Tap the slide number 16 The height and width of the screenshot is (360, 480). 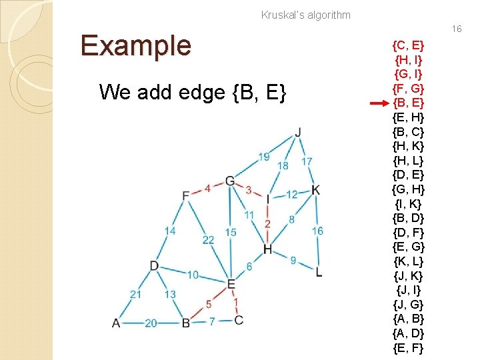[x=457, y=29]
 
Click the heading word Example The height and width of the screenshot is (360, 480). [x=136, y=46]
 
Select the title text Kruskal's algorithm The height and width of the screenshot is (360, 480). [x=305, y=15]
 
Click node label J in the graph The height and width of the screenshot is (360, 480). [x=297, y=131]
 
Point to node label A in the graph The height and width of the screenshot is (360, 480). [x=116, y=323]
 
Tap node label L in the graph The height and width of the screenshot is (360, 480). [x=319, y=272]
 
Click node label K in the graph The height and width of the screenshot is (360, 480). [x=315, y=190]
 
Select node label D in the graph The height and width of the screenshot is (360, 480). [x=154, y=266]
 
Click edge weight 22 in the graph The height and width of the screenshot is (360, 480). [x=208, y=240]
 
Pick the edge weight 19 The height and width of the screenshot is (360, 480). [x=264, y=157]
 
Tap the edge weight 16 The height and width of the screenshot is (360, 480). [x=317, y=231]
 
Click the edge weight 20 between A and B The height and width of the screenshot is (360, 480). [x=151, y=323]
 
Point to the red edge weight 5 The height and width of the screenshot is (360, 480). [x=209, y=304]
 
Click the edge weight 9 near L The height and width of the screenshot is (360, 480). [x=293, y=260]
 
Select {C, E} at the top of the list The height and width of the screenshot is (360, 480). [x=409, y=45]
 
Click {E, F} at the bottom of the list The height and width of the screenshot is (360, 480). [x=409, y=347]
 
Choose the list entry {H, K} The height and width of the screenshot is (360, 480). [x=409, y=146]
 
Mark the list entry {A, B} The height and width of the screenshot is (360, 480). [x=409, y=319]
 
